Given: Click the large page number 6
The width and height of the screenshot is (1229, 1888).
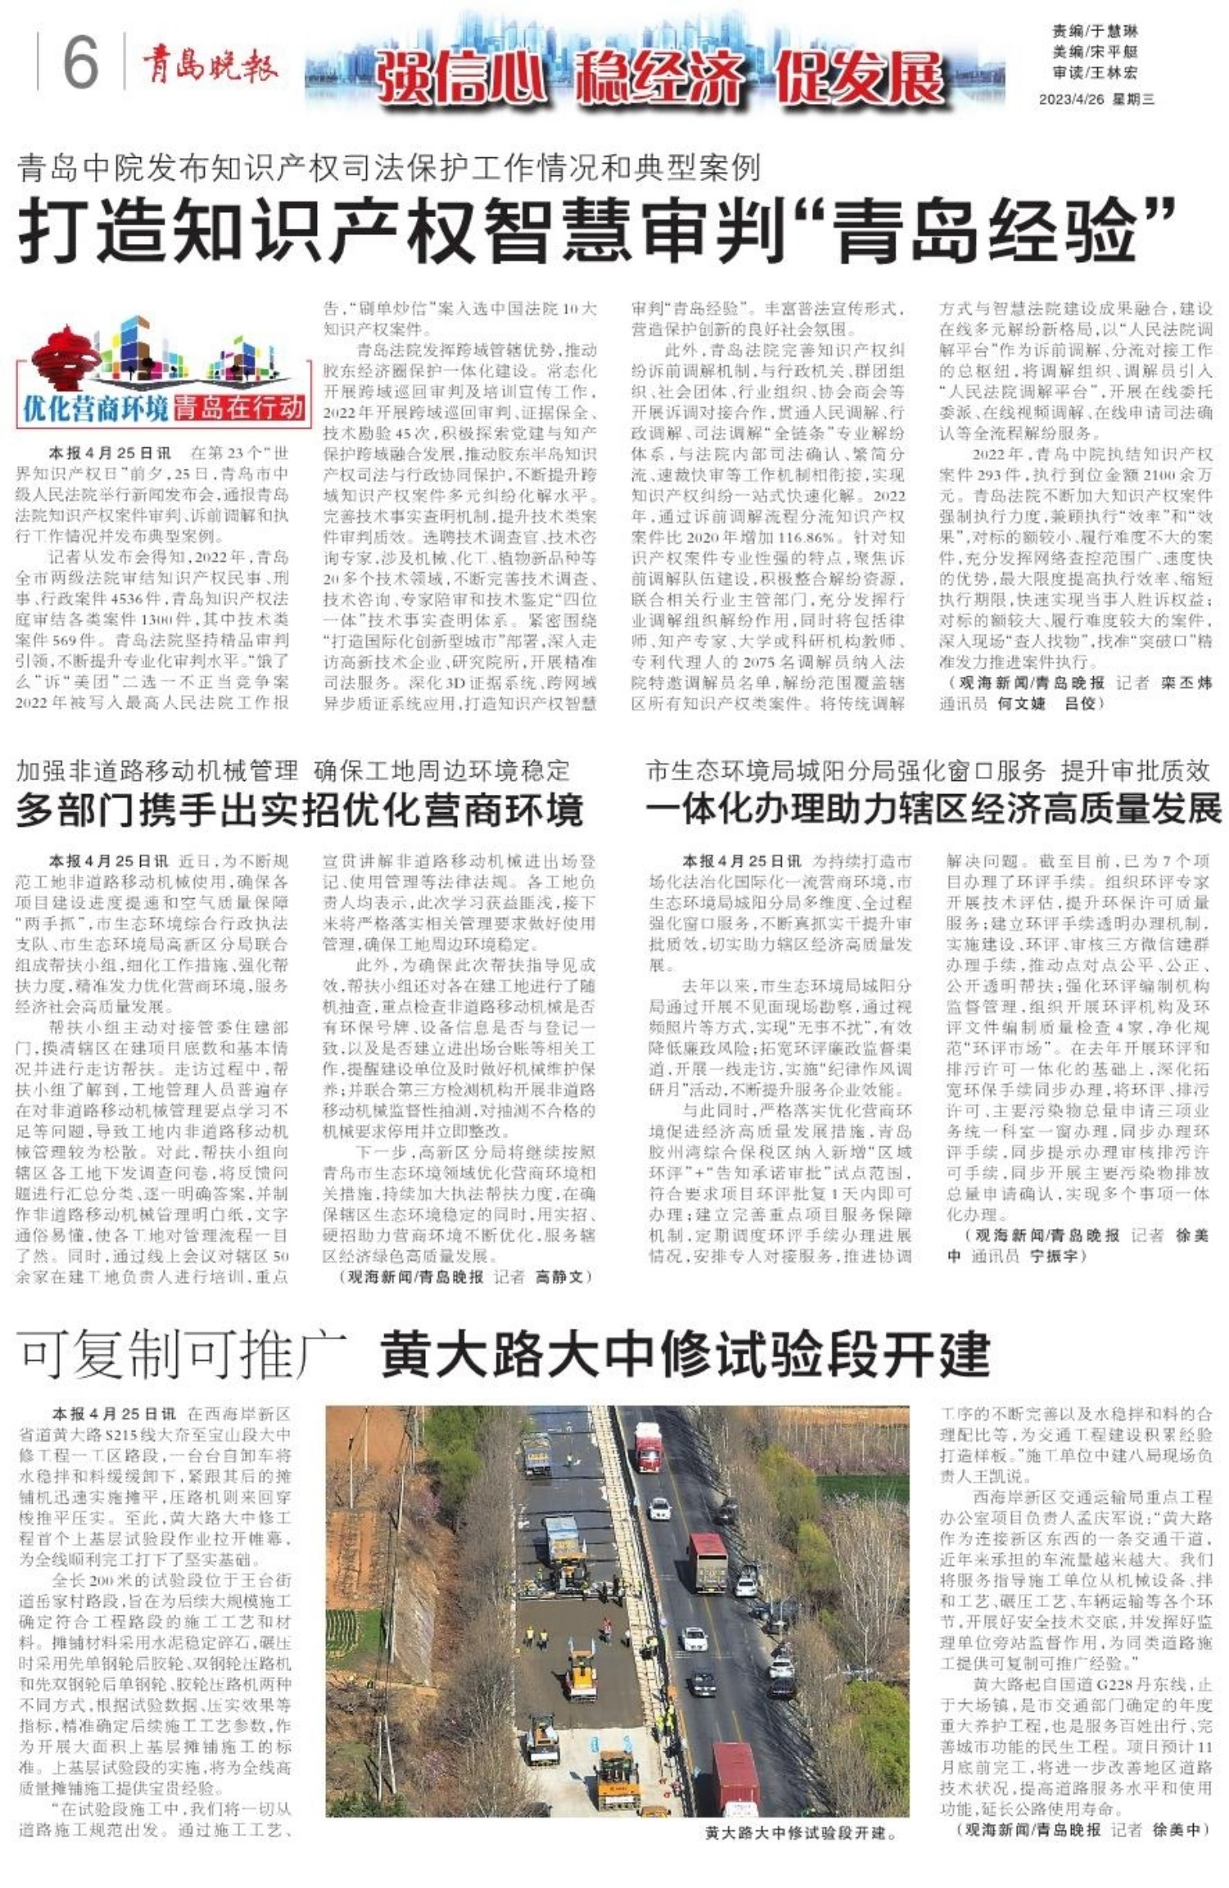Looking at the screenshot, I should pos(80,62).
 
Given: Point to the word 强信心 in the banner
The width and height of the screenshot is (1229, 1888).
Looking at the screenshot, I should pos(461,78).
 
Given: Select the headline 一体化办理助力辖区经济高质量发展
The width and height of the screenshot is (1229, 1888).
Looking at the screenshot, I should pos(933,809).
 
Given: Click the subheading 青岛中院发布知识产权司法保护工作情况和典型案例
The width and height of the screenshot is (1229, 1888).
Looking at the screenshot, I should pos(389,168).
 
